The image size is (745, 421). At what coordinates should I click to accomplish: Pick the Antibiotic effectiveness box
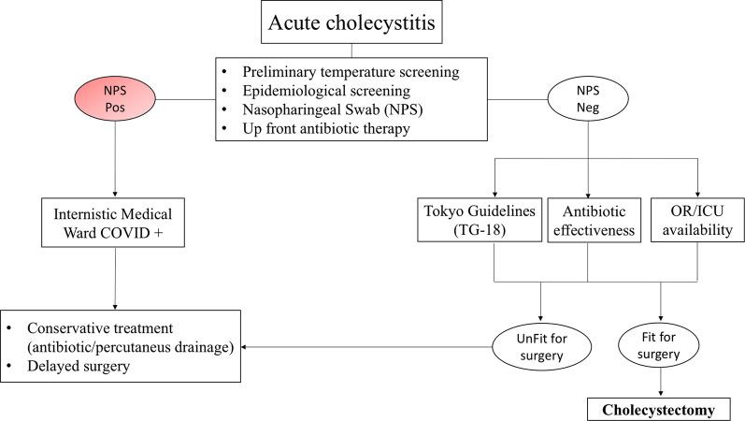587,219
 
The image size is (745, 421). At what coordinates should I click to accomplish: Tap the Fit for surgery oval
663,346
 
